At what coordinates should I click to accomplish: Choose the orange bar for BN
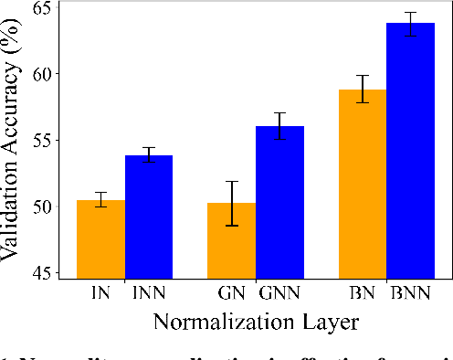click(363, 184)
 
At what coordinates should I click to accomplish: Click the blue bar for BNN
click(410, 151)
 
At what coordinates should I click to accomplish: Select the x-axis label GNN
click(279, 294)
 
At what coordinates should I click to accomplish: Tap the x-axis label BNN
click(410, 294)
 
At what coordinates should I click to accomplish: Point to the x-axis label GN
click(232, 294)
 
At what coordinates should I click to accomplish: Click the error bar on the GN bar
click(232, 203)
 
